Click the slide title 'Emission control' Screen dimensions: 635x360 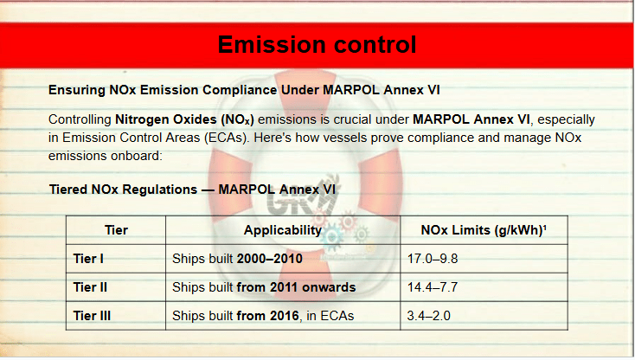click(317, 44)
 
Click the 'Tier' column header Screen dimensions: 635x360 click(116, 230)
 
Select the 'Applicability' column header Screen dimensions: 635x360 click(283, 230)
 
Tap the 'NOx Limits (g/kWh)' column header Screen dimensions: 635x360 click(484, 230)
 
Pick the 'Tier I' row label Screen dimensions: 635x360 click(88, 259)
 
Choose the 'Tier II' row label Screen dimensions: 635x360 click(90, 287)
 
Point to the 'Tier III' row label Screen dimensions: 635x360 click(92, 316)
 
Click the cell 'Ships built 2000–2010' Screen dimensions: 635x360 click(237, 259)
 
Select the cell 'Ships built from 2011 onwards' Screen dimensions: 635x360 click(264, 287)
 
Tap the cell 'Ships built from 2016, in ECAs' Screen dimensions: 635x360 click(263, 316)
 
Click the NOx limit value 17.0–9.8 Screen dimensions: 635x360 click(433, 259)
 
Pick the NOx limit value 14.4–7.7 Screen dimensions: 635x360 click(433, 287)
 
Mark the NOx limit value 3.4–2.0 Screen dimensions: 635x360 click(428, 316)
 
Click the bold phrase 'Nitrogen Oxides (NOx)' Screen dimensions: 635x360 click(184, 119)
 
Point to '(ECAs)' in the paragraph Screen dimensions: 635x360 click(227, 138)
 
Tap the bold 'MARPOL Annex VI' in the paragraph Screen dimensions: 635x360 click(471, 119)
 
